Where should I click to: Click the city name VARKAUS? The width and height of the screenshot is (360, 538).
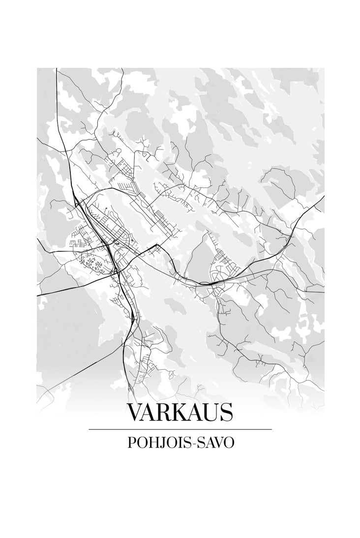pos(180,413)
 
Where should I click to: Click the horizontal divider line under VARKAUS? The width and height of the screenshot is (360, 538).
pos(180,429)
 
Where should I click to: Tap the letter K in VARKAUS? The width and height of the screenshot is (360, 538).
pos(182,413)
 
